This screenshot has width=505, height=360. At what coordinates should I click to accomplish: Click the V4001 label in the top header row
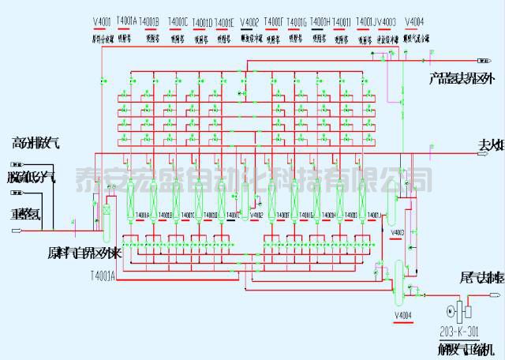click(x=103, y=21)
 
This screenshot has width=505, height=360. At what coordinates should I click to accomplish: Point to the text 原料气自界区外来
click(x=83, y=254)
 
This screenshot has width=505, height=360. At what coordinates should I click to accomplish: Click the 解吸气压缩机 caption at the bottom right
click(x=465, y=349)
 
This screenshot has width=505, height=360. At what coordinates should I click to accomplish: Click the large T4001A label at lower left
click(x=103, y=276)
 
